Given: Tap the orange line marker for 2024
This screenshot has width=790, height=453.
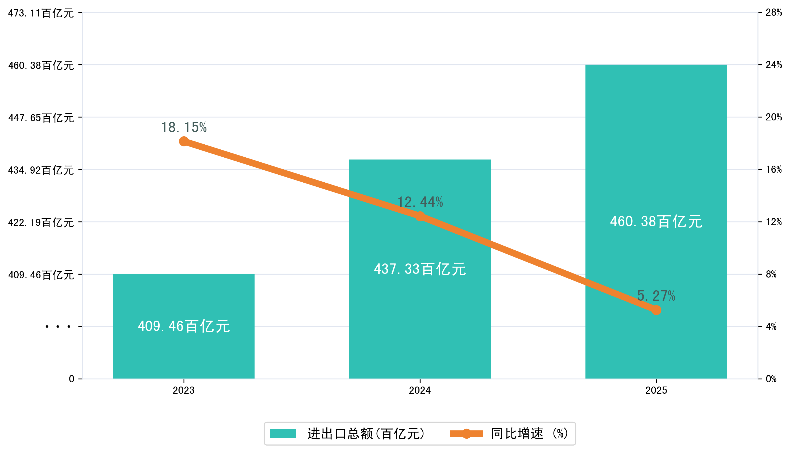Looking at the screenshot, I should (420, 216).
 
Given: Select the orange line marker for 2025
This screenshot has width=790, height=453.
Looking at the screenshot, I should (656, 310).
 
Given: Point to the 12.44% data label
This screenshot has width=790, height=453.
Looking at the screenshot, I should (420, 202).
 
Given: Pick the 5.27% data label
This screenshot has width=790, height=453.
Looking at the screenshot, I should (656, 296).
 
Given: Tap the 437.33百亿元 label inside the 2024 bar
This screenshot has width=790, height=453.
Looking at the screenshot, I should (420, 269).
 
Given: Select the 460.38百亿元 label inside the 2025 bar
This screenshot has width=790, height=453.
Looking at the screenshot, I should (656, 221).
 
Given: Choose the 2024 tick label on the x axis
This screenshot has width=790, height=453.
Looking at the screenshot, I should (420, 390).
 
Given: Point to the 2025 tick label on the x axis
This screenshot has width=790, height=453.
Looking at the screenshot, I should (656, 390).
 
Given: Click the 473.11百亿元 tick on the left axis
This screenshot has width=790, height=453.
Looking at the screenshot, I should (41, 13).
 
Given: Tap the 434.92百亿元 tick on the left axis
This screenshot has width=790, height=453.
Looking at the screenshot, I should (41, 170).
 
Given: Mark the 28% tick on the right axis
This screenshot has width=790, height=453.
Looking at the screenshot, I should (774, 12).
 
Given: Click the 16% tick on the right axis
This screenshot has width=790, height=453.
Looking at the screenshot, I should (774, 170).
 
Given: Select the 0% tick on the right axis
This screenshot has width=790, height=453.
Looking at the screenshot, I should (771, 379).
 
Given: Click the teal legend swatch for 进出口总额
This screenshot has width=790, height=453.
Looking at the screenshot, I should (283, 433).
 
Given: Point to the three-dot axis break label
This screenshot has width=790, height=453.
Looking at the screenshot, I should (58, 327).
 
